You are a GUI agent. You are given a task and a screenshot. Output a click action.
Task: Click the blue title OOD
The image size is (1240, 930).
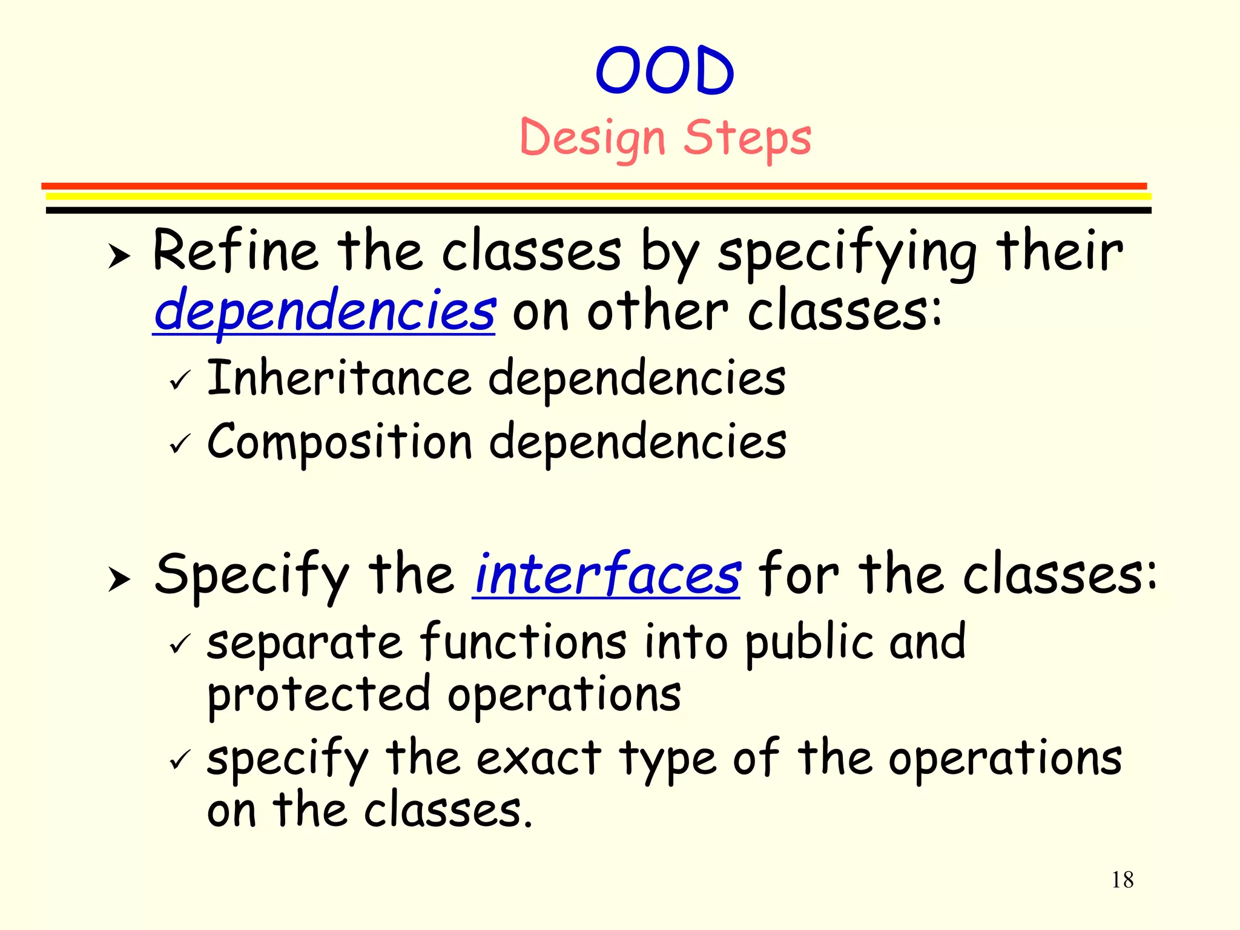click(x=665, y=71)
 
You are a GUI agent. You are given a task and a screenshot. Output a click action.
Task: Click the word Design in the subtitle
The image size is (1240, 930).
click(x=592, y=138)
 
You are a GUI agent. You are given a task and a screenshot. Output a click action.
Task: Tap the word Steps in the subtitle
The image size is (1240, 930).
click(x=747, y=138)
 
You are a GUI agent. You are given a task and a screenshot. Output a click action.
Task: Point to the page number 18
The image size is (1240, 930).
click(x=1122, y=880)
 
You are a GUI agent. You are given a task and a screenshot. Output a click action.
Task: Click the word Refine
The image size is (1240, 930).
click(x=235, y=251)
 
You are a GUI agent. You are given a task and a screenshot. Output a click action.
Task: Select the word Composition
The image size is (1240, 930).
click(x=339, y=442)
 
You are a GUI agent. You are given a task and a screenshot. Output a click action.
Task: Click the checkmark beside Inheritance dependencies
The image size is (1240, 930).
click(x=180, y=381)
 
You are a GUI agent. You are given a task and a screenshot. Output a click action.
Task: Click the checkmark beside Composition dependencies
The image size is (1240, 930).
click(x=180, y=444)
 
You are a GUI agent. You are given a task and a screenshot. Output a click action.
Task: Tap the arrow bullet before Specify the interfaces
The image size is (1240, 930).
click(x=119, y=579)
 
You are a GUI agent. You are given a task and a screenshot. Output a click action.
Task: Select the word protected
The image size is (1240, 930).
click(x=318, y=695)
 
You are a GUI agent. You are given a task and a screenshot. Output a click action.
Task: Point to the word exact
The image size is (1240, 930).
click(x=539, y=758)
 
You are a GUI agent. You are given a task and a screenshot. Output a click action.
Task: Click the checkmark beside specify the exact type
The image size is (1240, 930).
click(x=180, y=759)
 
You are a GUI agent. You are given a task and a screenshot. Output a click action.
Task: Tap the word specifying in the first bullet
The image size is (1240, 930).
click(x=847, y=253)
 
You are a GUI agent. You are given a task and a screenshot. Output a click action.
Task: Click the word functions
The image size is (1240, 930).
click(x=523, y=642)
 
